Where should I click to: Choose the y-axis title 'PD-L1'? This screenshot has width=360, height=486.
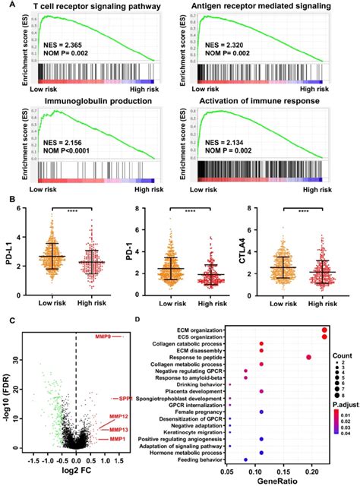[8, 260]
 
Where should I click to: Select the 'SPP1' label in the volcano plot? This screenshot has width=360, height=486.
[125, 398]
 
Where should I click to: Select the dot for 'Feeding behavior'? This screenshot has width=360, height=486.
[245, 459]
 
